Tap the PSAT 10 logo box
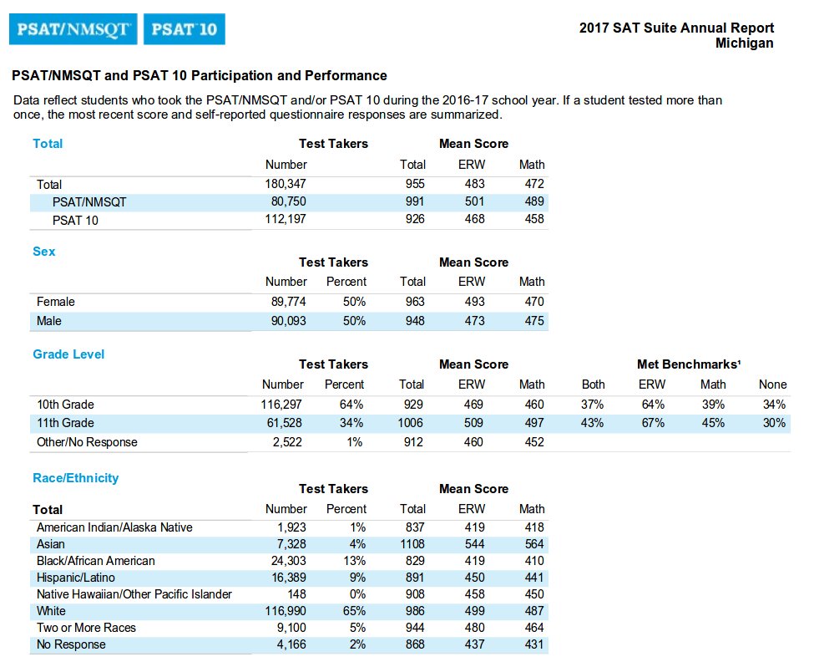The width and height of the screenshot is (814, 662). pos(184,30)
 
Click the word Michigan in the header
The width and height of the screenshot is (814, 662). pos(744,43)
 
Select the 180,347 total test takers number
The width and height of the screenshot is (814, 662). pos(286,184)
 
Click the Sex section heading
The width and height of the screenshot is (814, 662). pos(44,251)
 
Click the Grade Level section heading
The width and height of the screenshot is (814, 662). pos(68,354)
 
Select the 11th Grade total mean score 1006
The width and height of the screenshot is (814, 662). pos(411,423)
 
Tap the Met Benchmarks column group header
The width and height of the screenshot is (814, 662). pos(688,364)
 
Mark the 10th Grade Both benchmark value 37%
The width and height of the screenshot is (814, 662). pos(593,405)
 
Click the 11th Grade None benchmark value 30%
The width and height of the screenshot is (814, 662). pos(774,423)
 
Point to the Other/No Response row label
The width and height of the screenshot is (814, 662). pos(87,442)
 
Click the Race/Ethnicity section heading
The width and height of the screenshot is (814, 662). pos(75,478)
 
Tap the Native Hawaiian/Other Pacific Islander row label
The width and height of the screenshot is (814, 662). pos(134,594)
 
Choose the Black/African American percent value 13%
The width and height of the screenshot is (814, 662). pos(354,561)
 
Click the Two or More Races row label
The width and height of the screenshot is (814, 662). pos(86,628)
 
